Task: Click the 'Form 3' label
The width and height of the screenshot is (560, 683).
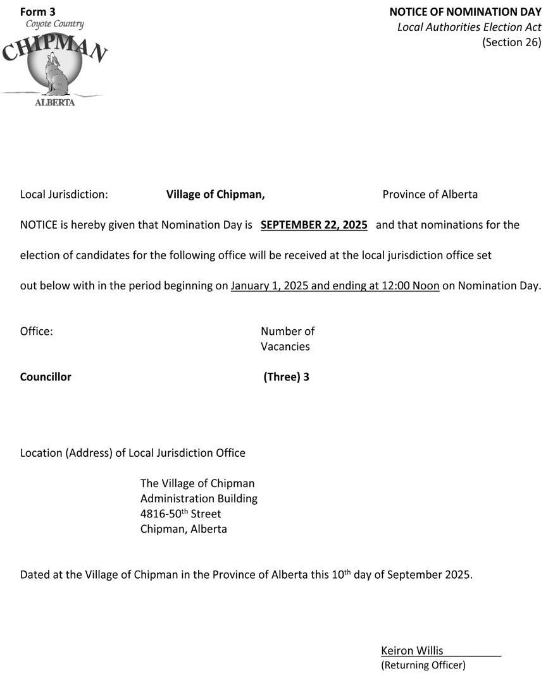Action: [x=38, y=12]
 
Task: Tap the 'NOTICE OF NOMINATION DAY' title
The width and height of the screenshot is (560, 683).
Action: [x=465, y=12]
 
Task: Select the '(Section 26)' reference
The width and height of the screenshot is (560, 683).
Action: [x=511, y=42]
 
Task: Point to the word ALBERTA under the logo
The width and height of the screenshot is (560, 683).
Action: [x=54, y=102]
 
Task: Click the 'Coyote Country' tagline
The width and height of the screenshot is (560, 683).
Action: [x=54, y=25]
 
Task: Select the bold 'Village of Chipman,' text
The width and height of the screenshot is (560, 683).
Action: [x=215, y=195]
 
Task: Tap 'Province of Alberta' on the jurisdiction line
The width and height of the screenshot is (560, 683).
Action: [x=430, y=195]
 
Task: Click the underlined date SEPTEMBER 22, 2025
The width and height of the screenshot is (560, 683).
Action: [x=314, y=225]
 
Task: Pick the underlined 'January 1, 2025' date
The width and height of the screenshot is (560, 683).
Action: [x=269, y=286]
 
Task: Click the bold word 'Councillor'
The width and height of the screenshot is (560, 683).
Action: [x=46, y=377]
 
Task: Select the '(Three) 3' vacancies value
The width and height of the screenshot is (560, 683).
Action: [x=286, y=377]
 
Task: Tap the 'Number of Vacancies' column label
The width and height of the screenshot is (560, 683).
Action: [x=287, y=339]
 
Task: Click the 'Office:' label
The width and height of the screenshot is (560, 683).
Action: [x=37, y=332]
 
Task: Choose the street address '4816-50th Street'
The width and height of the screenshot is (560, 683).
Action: [x=180, y=514]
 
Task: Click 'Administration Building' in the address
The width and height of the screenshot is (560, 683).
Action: [x=199, y=499]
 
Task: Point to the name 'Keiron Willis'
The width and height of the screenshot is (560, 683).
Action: [x=412, y=651]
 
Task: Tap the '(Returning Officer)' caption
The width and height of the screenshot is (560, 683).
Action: [x=423, y=665]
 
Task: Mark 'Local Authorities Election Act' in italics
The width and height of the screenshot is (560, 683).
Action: [x=469, y=27]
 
